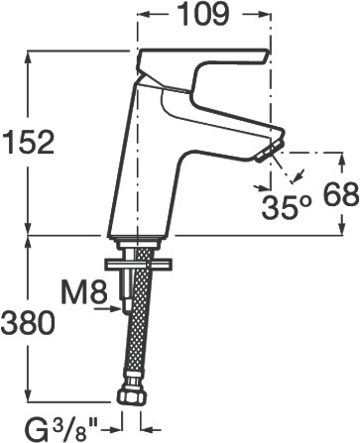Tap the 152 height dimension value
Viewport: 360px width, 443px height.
(x=28, y=142)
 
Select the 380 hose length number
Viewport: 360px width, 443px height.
(x=28, y=323)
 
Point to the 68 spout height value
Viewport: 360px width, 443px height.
(x=340, y=194)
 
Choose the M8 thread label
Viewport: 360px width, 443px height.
(x=85, y=292)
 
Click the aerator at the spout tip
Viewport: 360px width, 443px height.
(x=270, y=151)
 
